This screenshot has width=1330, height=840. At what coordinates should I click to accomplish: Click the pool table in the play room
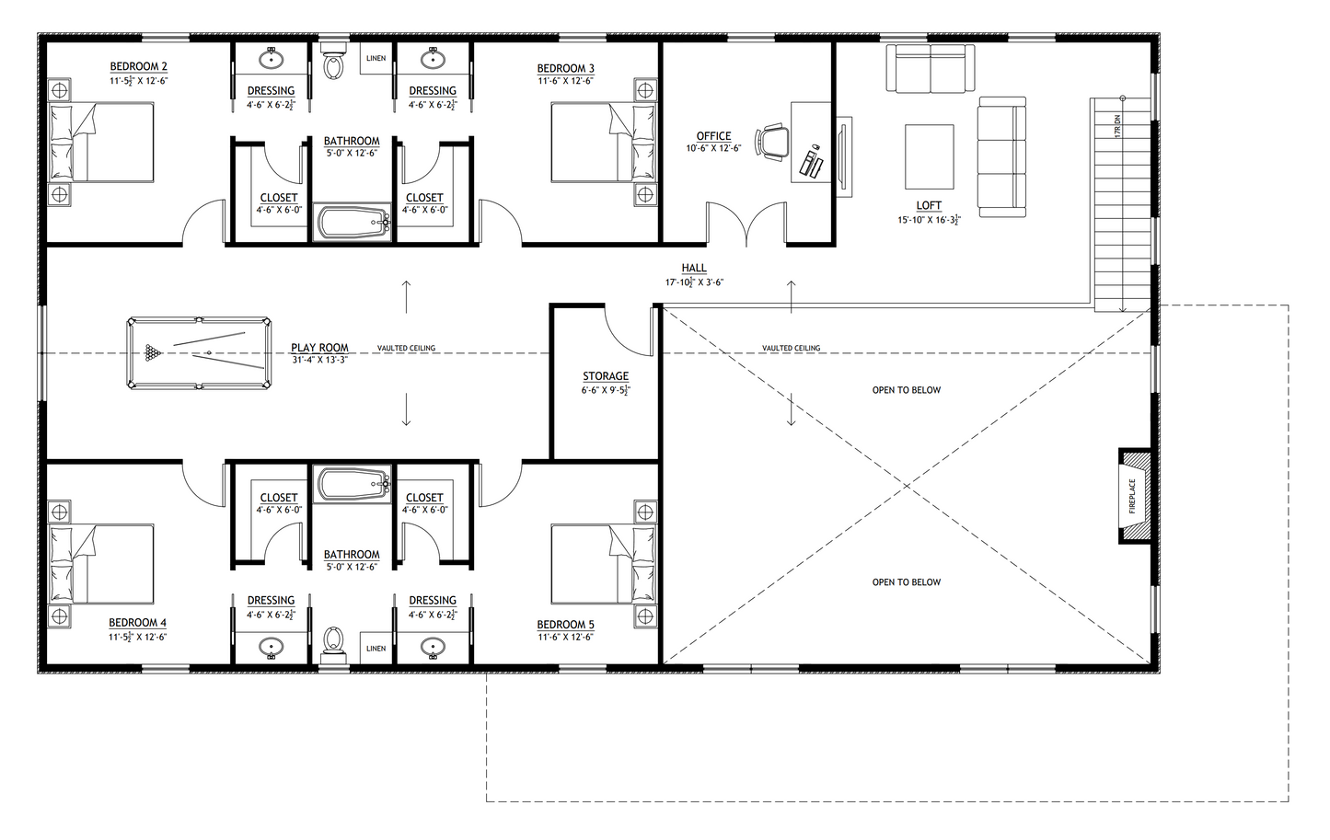(199, 353)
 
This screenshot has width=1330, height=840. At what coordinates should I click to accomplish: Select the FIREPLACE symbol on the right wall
(1133, 496)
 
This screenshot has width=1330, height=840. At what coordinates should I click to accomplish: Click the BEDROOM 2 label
(138, 66)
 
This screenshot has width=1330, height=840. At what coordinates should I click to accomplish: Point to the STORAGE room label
(606, 376)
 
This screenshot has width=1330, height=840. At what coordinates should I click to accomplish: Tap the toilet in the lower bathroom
(334, 641)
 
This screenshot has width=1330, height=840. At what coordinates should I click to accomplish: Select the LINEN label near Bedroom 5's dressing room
(376, 649)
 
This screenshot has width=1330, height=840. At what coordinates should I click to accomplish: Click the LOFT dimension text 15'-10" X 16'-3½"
(929, 221)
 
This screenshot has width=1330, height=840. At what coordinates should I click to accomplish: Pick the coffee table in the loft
(929, 156)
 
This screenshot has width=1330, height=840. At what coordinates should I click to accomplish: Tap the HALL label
(694, 269)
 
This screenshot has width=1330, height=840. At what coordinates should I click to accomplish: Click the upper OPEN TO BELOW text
(906, 390)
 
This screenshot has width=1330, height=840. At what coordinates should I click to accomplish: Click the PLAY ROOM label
(319, 349)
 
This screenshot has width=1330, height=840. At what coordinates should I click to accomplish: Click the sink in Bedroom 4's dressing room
(271, 648)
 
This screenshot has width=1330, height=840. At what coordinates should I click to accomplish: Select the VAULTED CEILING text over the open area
(791, 349)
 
